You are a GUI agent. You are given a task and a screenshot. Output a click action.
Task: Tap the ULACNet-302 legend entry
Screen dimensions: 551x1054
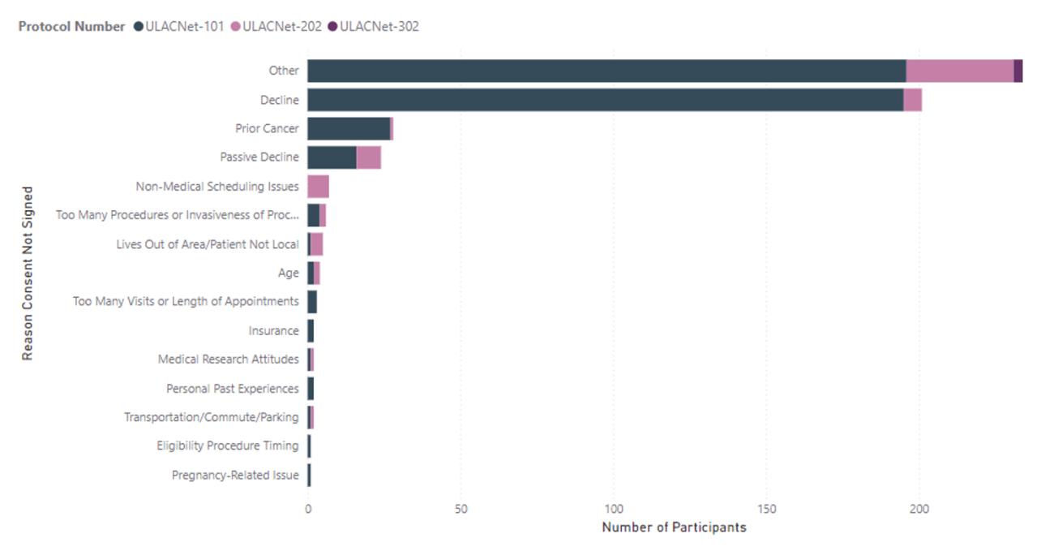(378, 26)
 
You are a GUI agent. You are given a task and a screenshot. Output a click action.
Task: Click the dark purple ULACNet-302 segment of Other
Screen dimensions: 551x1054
(1018, 71)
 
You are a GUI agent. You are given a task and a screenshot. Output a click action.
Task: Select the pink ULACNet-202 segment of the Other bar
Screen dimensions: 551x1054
(960, 71)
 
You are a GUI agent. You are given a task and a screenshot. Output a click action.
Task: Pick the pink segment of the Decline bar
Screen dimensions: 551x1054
(913, 100)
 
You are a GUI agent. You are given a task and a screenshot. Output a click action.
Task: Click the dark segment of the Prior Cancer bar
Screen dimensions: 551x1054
(349, 129)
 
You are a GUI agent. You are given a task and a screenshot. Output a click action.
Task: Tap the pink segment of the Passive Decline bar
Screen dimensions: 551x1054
(369, 157)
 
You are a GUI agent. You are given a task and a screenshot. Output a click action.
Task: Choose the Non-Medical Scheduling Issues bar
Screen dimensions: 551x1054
(318, 187)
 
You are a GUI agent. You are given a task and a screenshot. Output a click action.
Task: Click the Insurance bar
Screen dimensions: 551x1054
(311, 330)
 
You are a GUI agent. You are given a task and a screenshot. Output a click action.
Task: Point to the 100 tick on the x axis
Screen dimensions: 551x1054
(614, 510)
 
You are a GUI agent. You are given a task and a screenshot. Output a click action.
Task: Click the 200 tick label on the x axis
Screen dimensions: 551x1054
(919, 510)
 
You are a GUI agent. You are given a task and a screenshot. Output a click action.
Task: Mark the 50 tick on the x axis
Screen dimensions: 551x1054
(461, 510)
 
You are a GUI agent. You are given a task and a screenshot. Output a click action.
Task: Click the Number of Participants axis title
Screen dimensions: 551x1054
(674, 527)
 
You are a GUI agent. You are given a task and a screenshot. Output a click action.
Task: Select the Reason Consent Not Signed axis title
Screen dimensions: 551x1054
(28, 273)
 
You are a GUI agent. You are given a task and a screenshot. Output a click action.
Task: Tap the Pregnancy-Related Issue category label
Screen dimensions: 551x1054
(235, 475)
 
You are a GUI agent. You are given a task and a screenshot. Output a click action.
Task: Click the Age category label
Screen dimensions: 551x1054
(289, 273)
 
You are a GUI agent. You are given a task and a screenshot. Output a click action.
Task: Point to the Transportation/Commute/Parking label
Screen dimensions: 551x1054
(211, 417)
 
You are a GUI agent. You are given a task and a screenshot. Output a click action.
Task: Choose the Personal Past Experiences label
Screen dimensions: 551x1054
(232, 389)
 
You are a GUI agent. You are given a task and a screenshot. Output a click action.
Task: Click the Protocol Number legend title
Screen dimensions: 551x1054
(72, 26)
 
